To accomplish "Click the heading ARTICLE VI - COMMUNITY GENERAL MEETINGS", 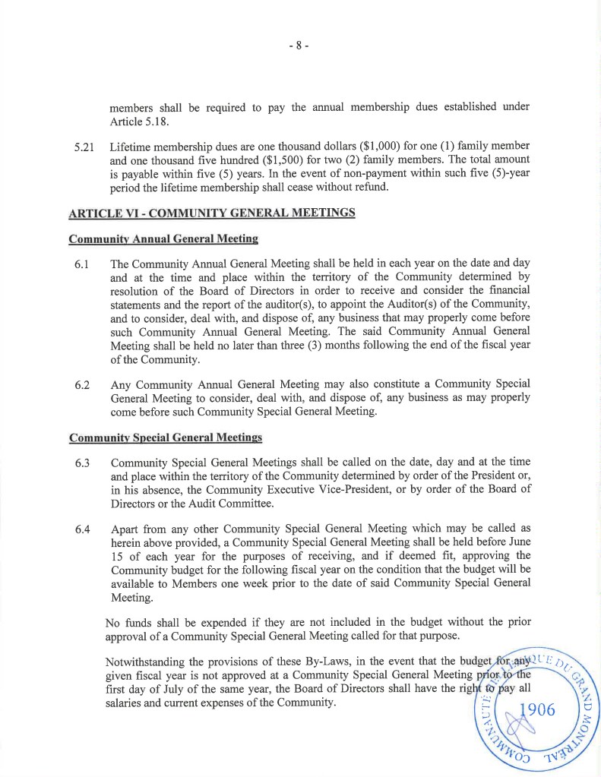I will pos(212,213).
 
